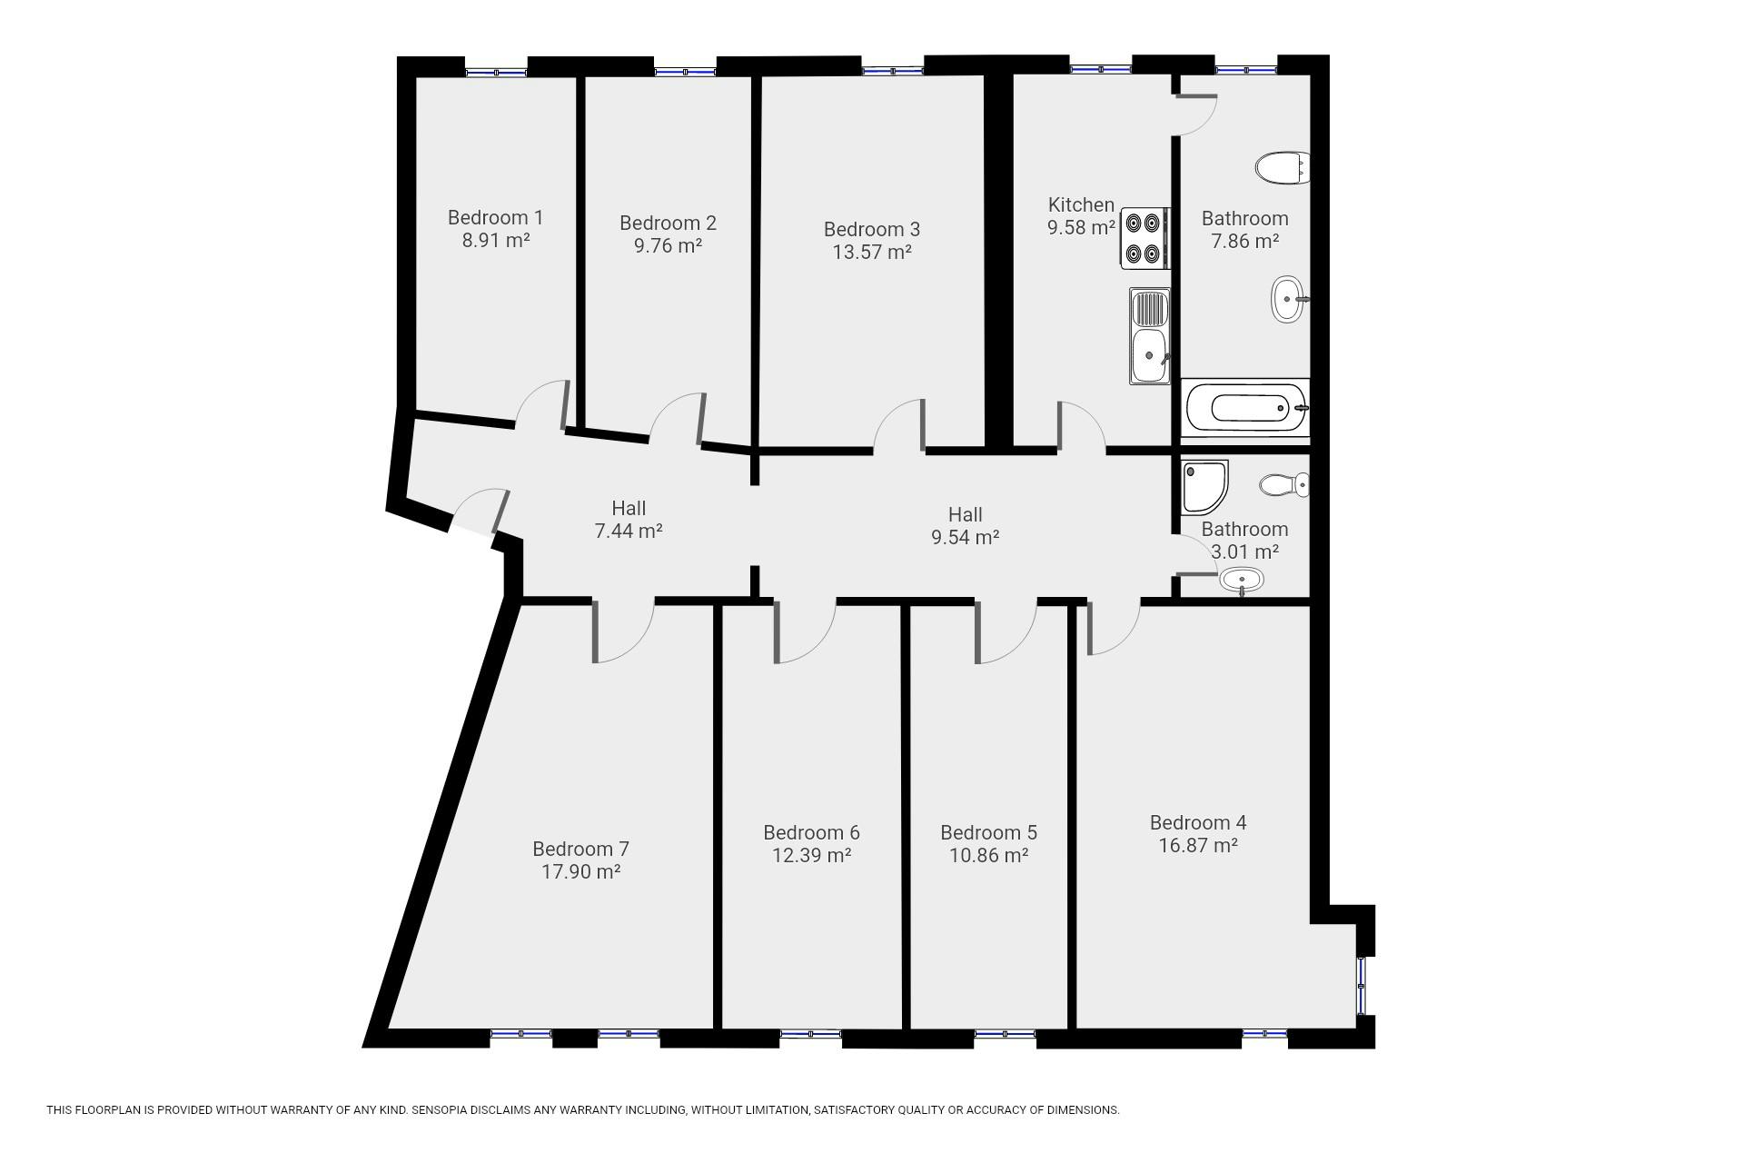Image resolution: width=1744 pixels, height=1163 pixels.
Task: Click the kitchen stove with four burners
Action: tap(1144, 238)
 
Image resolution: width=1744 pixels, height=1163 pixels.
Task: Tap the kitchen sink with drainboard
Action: tap(1149, 336)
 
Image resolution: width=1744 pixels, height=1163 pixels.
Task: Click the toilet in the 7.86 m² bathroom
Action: tap(1282, 168)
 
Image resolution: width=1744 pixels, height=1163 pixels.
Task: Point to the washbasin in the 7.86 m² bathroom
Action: tap(1287, 299)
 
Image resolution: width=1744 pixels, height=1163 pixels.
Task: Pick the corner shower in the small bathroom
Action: tap(1204, 486)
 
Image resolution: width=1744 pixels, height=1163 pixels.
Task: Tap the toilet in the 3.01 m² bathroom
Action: tap(1283, 484)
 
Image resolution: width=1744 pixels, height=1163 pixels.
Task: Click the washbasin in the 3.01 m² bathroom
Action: tap(1241, 580)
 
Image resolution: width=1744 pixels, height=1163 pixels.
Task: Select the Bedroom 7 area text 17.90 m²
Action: tap(580, 872)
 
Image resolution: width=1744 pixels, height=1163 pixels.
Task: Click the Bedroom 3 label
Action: tap(871, 229)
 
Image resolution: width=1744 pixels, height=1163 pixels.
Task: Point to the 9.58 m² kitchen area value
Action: tap(1080, 228)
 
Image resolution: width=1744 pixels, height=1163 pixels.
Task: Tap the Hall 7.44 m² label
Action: tap(628, 520)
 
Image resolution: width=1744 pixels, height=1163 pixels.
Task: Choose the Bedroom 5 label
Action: tap(988, 832)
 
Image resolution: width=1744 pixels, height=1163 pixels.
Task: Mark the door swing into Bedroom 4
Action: tap(1110, 630)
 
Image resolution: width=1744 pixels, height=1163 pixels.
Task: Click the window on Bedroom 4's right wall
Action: tap(1361, 985)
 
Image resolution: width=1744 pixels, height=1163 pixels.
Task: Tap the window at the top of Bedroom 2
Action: tap(684, 71)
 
